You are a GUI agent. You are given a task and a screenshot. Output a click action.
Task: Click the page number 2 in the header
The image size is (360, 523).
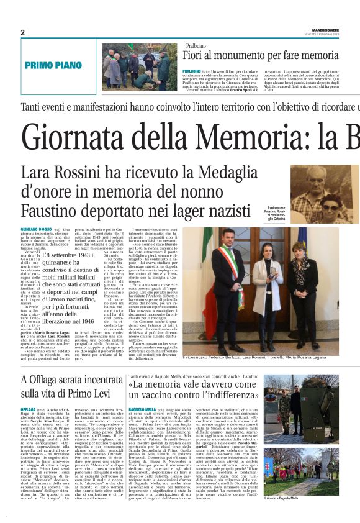(22, 32)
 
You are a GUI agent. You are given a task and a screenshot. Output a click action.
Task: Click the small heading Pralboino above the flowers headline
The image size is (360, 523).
(196, 45)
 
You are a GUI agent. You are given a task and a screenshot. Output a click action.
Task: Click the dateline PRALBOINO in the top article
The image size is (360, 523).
(197, 72)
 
